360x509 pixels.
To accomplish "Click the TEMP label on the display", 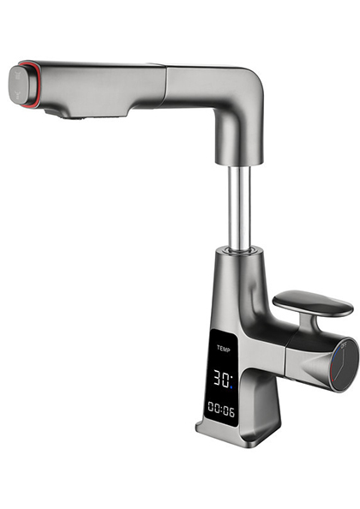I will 224,349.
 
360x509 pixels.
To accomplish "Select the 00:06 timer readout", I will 222,409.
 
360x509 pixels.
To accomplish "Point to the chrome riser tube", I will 239,206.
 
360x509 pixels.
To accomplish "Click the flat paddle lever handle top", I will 313,302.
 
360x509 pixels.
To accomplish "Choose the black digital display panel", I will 222,377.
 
